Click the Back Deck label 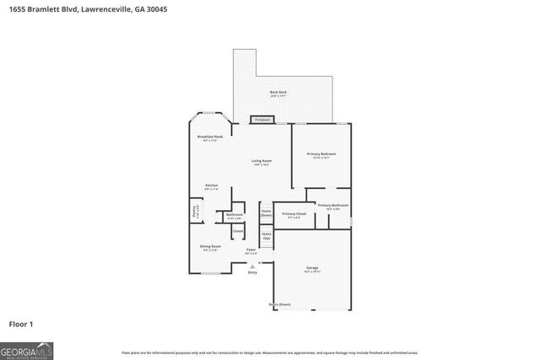tap(278, 92)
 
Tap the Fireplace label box tap(262, 121)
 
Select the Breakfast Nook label tap(210, 137)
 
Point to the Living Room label tap(262, 161)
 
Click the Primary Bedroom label tap(321, 154)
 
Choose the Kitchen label tap(211, 186)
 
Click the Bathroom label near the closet tap(235, 216)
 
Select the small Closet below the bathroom tap(238, 231)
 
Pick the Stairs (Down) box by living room tap(266, 213)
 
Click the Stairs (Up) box tap(266, 236)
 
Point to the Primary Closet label tap(294, 215)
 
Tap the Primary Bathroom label tap(333, 206)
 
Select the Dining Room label tap(210, 247)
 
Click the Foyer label tap(251, 251)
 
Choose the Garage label tap(312, 269)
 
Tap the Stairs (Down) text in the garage tap(279, 304)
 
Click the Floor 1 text tap(21, 323)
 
